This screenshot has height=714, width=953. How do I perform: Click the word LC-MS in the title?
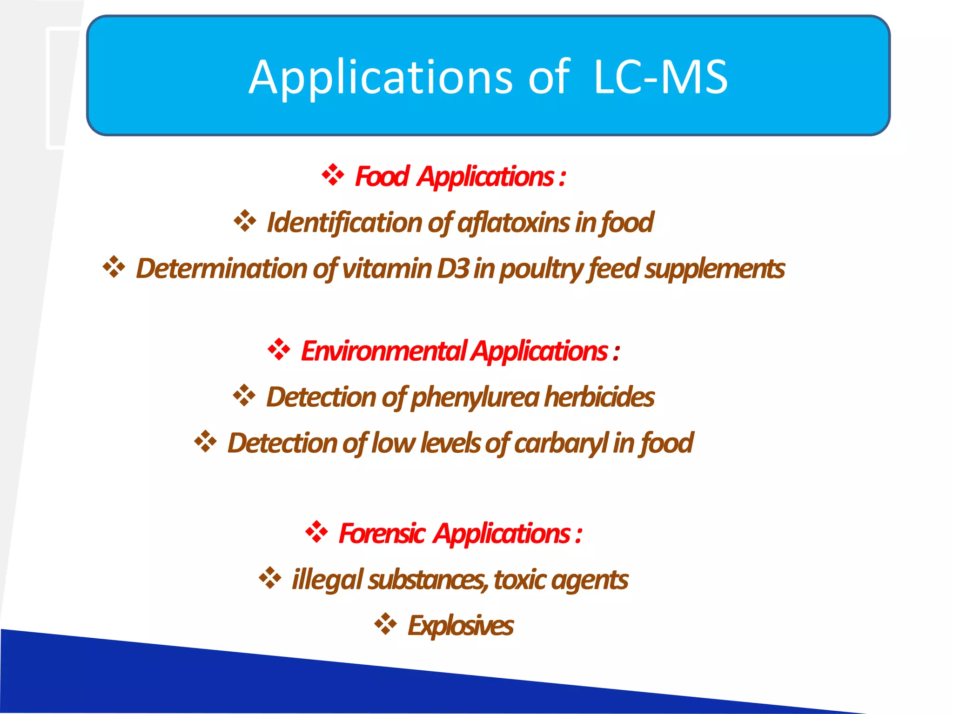click(x=661, y=77)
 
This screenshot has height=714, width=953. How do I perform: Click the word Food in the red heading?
click(x=382, y=177)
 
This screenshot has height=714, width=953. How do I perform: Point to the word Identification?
click(x=345, y=222)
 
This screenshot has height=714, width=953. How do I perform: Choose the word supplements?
click(x=714, y=269)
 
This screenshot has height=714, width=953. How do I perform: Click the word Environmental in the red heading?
click(x=383, y=350)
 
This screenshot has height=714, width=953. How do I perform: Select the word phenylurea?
click(x=475, y=397)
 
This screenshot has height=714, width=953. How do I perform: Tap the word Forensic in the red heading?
click(x=381, y=533)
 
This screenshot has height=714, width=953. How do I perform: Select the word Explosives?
click(x=460, y=625)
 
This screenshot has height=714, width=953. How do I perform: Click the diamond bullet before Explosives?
click(x=385, y=624)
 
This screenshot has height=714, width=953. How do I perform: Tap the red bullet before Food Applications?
click(x=333, y=175)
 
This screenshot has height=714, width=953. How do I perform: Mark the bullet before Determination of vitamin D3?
click(x=114, y=267)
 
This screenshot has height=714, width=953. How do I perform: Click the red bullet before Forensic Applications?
click(x=316, y=532)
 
